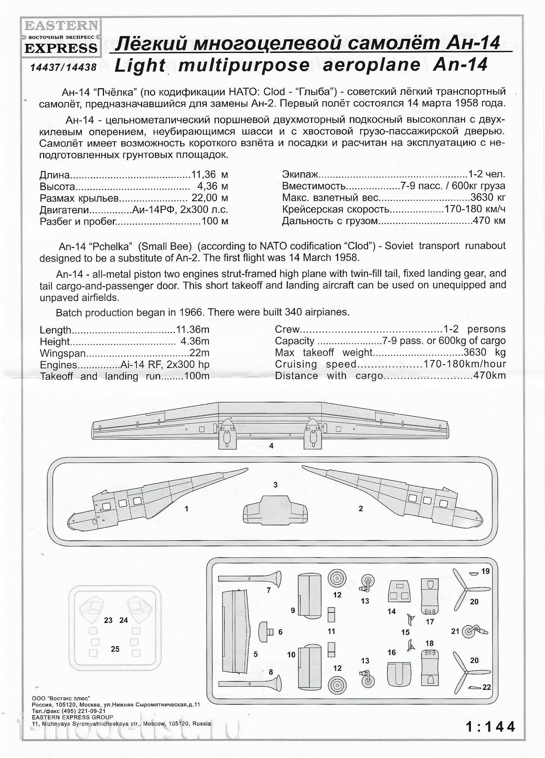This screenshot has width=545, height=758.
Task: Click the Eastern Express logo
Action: click(x=61, y=37)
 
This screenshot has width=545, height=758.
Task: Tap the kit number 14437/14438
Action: click(x=63, y=67)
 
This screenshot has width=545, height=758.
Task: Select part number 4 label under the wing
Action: click(x=271, y=446)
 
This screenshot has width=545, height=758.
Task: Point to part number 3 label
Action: click(x=275, y=485)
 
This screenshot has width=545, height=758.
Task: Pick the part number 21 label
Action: click(x=455, y=631)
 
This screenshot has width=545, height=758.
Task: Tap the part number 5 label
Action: click(x=255, y=654)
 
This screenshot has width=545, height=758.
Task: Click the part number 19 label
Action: click(x=485, y=571)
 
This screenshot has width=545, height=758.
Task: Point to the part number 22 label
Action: click(x=487, y=687)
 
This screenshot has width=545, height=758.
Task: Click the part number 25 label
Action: click(x=115, y=649)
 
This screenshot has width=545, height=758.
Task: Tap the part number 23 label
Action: click(x=108, y=620)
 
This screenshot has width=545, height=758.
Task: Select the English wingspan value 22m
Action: click(x=199, y=353)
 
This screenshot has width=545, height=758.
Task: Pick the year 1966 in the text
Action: click(x=190, y=312)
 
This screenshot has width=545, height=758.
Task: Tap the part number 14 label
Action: click(x=391, y=611)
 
